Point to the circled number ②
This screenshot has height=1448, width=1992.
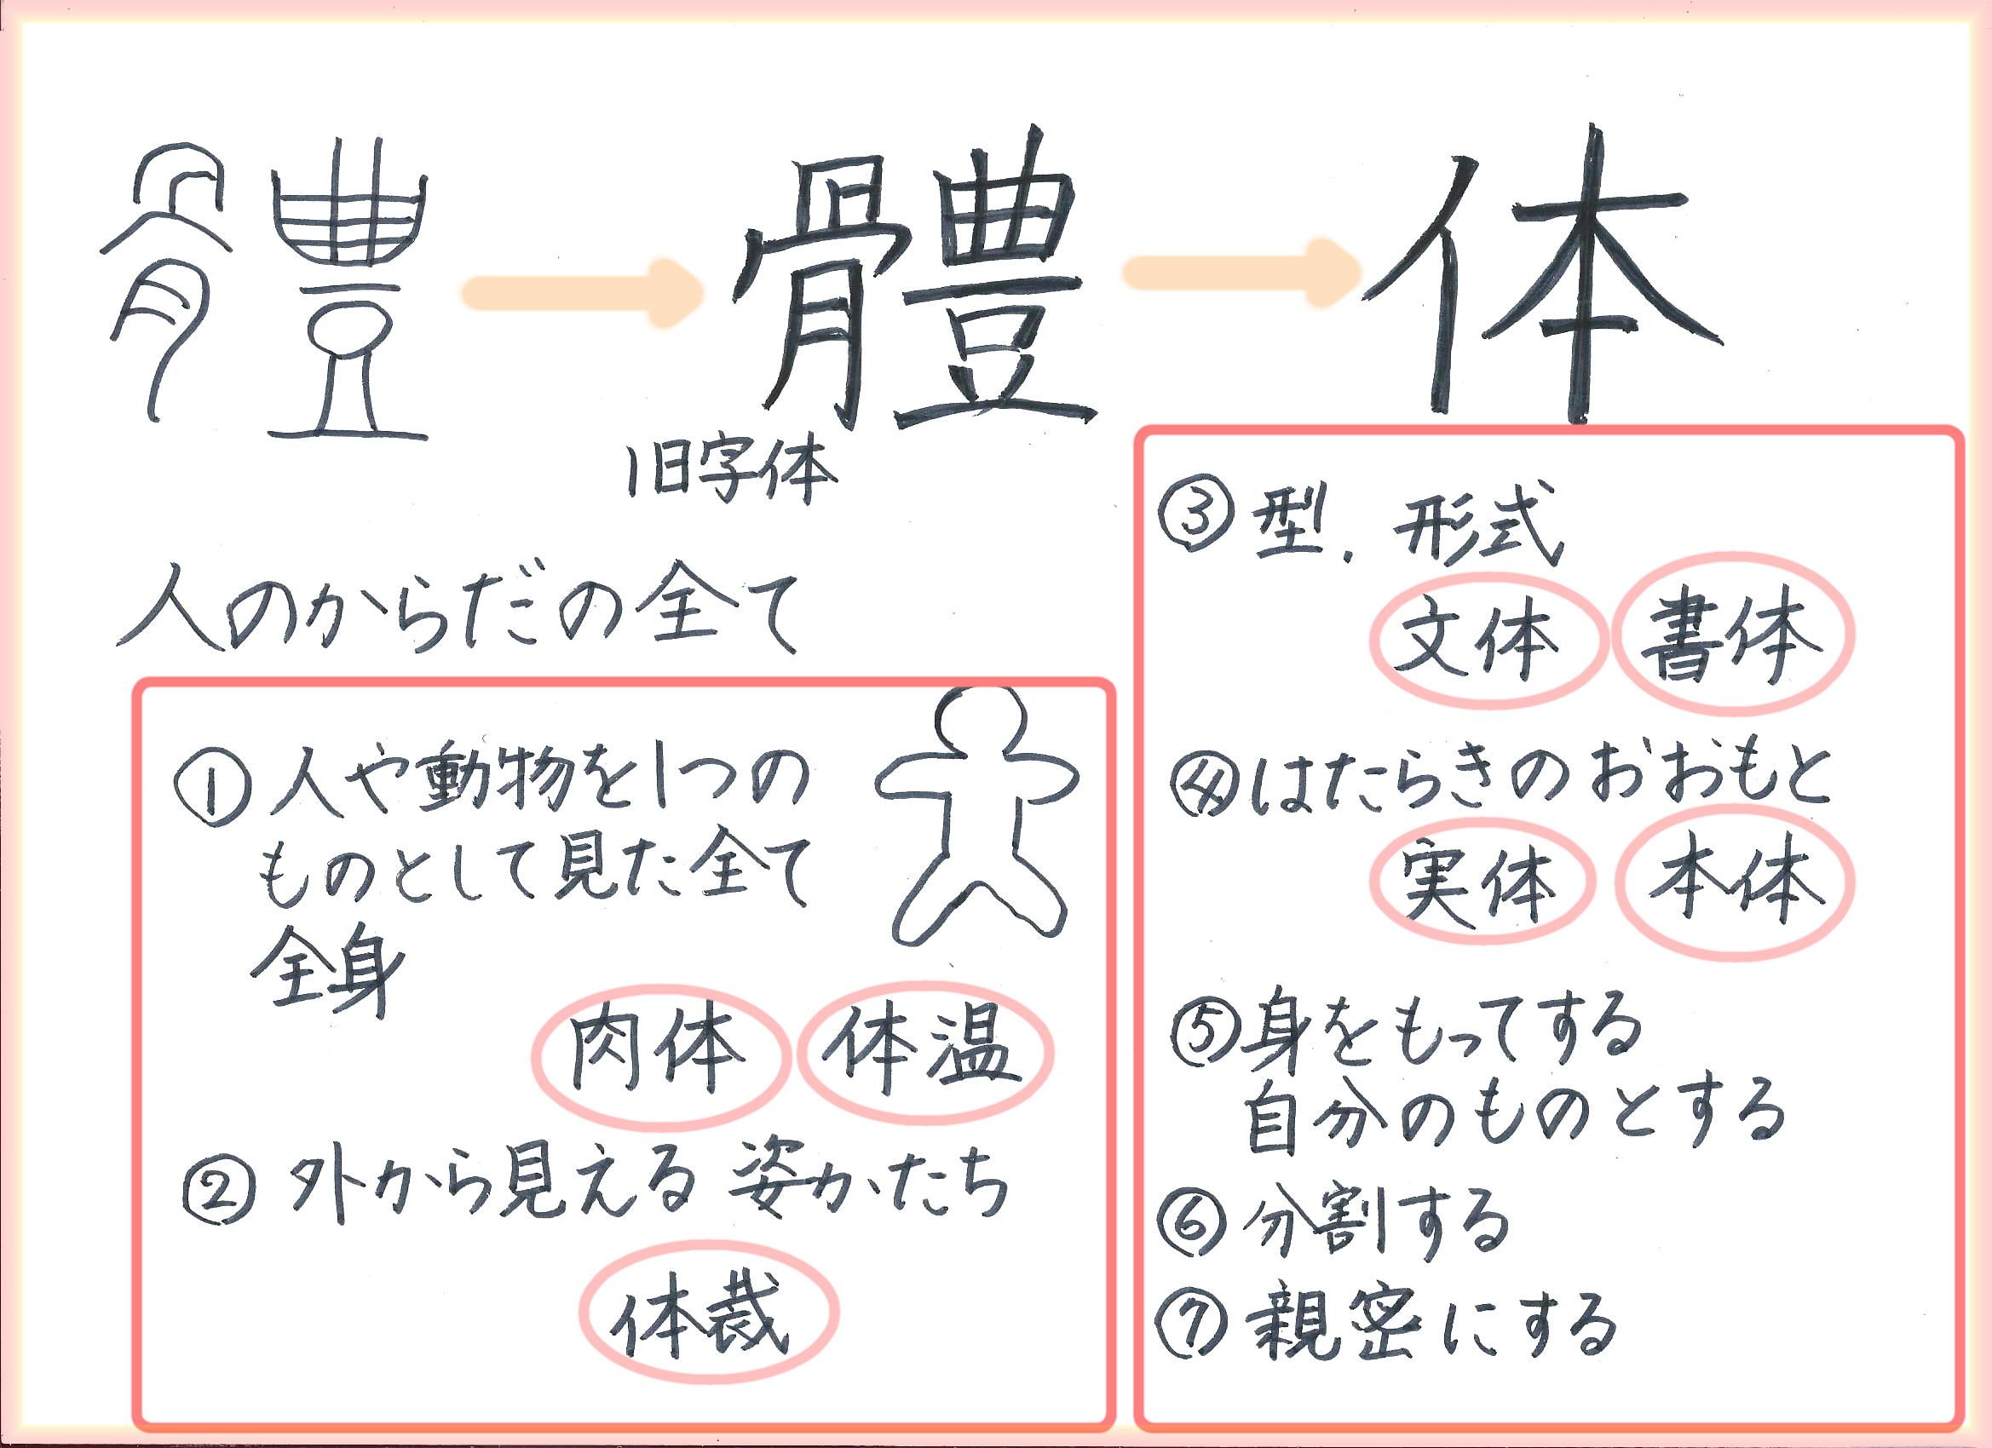point(218,1190)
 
